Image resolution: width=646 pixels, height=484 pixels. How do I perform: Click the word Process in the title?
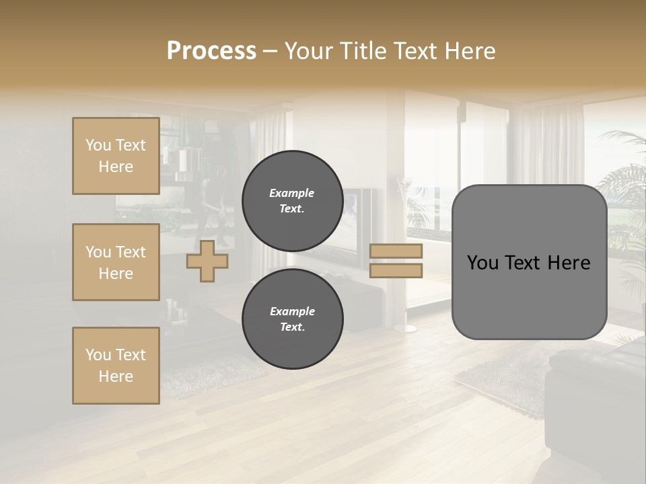(x=211, y=51)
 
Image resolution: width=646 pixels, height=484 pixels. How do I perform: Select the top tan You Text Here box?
(x=116, y=156)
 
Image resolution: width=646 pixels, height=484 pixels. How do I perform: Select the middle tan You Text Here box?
(x=116, y=262)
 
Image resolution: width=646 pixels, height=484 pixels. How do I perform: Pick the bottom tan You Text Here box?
(x=116, y=366)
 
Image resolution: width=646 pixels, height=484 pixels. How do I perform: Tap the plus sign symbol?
(x=207, y=261)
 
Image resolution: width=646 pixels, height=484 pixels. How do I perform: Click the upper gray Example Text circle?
(x=292, y=201)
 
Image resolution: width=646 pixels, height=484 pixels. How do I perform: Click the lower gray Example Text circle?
(x=292, y=319)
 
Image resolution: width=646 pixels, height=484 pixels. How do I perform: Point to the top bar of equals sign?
(x=396, y=251)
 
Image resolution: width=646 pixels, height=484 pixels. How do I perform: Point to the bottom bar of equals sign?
(x=396, y=270)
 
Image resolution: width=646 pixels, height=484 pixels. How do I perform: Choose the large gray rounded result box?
(x=529, y=296)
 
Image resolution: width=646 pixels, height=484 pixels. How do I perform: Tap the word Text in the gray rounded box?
(x=528, y=263)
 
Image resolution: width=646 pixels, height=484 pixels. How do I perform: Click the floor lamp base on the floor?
(x=405, y=328)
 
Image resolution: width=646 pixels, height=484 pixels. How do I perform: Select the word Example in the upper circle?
(x=292, y=193)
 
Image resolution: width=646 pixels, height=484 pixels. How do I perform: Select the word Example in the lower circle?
(x=292, y=311)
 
